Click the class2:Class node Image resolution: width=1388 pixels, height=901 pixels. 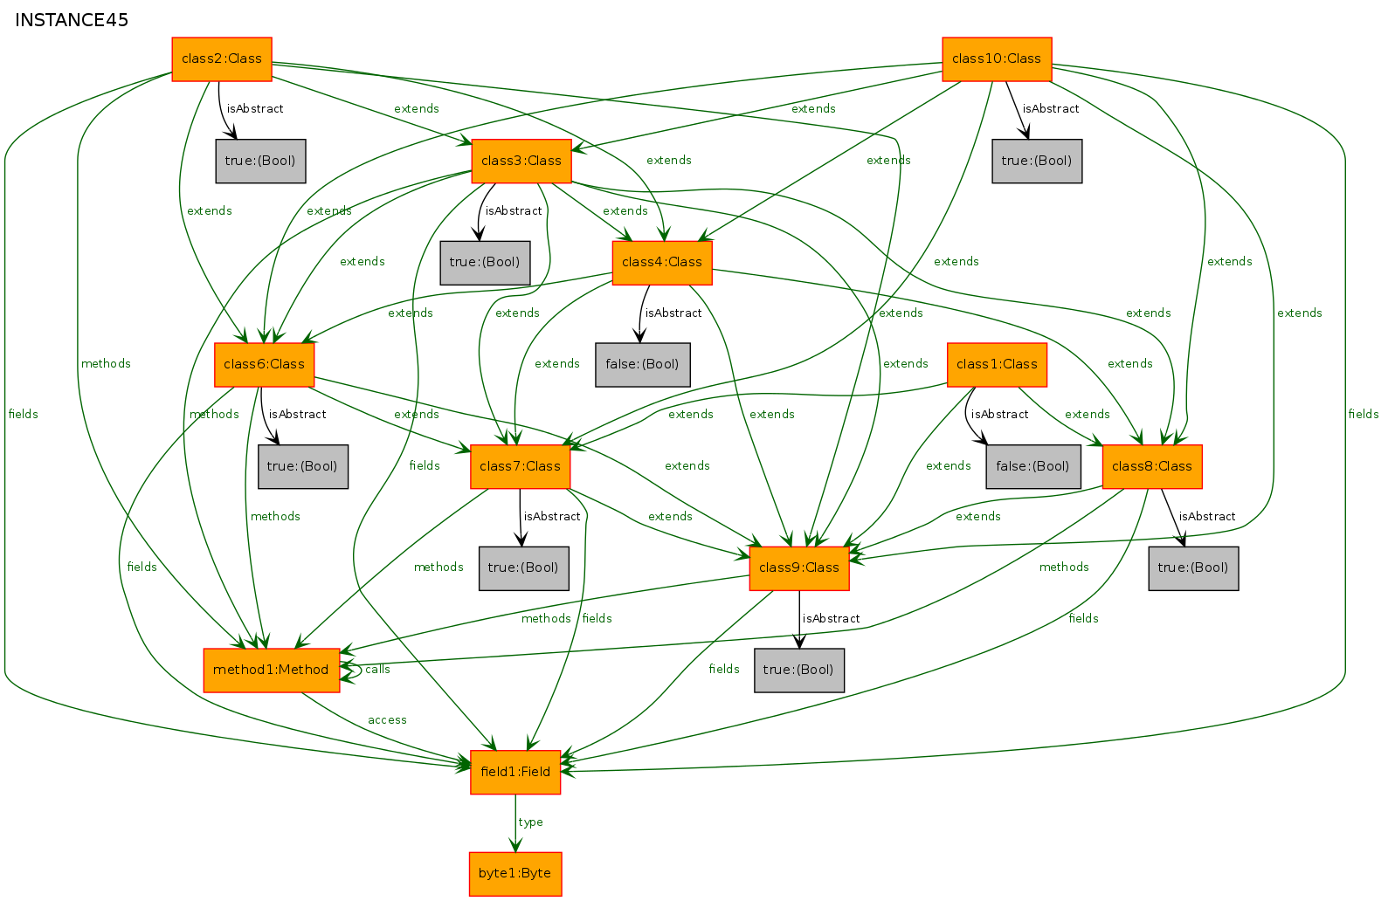(x=222, y=58)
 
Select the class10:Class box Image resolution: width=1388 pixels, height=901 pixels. (x=997, y=58)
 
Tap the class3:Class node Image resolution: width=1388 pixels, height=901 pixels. (x=521, y=161)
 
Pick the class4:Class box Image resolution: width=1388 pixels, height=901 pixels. (x=662, y=263)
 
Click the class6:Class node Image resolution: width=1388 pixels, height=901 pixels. (x=264, y=364)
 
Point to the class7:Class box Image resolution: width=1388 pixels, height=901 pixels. (x=520, y=466)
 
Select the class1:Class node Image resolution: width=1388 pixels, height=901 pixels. (x=997, y=364)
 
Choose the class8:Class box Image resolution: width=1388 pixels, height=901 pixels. (x=1152, y=466)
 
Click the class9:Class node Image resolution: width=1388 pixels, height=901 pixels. (x=798, y=567)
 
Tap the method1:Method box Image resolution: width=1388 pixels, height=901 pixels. (x=271, y=670)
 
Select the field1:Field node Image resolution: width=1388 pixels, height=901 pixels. (x=514, y=772)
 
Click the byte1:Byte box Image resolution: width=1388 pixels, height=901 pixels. (x=514, y=874)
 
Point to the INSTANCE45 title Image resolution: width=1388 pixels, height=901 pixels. (x=72, y=20)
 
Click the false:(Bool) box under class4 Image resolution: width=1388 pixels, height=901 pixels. (x=643, y=364)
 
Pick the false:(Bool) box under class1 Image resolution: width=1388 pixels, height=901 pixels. (x=1033, y=466)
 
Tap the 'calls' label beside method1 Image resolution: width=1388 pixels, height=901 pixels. (x=377, y=670)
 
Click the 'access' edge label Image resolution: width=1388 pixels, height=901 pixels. (x=387, y=720)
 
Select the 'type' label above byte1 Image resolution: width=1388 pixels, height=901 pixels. (x=530, y=822)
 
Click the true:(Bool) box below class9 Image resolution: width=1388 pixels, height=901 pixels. (x=798, y=670)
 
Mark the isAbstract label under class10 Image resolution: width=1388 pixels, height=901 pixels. (x=1050, y=109)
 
